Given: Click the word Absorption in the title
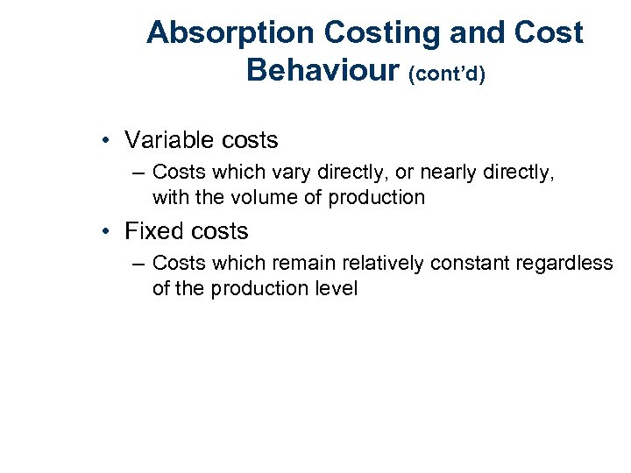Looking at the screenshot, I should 230,33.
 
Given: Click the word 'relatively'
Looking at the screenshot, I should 378,263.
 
